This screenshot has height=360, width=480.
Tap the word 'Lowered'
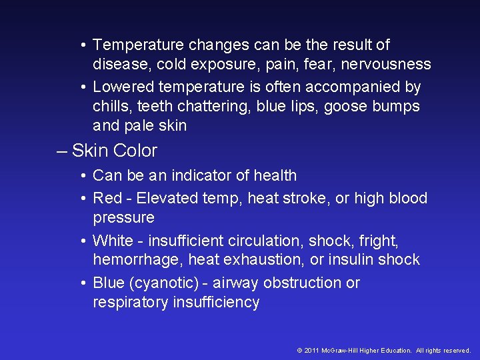pos(121,87)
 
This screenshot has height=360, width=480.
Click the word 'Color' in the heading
pos(135,151)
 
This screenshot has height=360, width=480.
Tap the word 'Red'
pos(107,198)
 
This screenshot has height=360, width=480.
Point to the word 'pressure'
pos(123,217)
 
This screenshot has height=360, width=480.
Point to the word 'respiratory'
pos(131,302)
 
